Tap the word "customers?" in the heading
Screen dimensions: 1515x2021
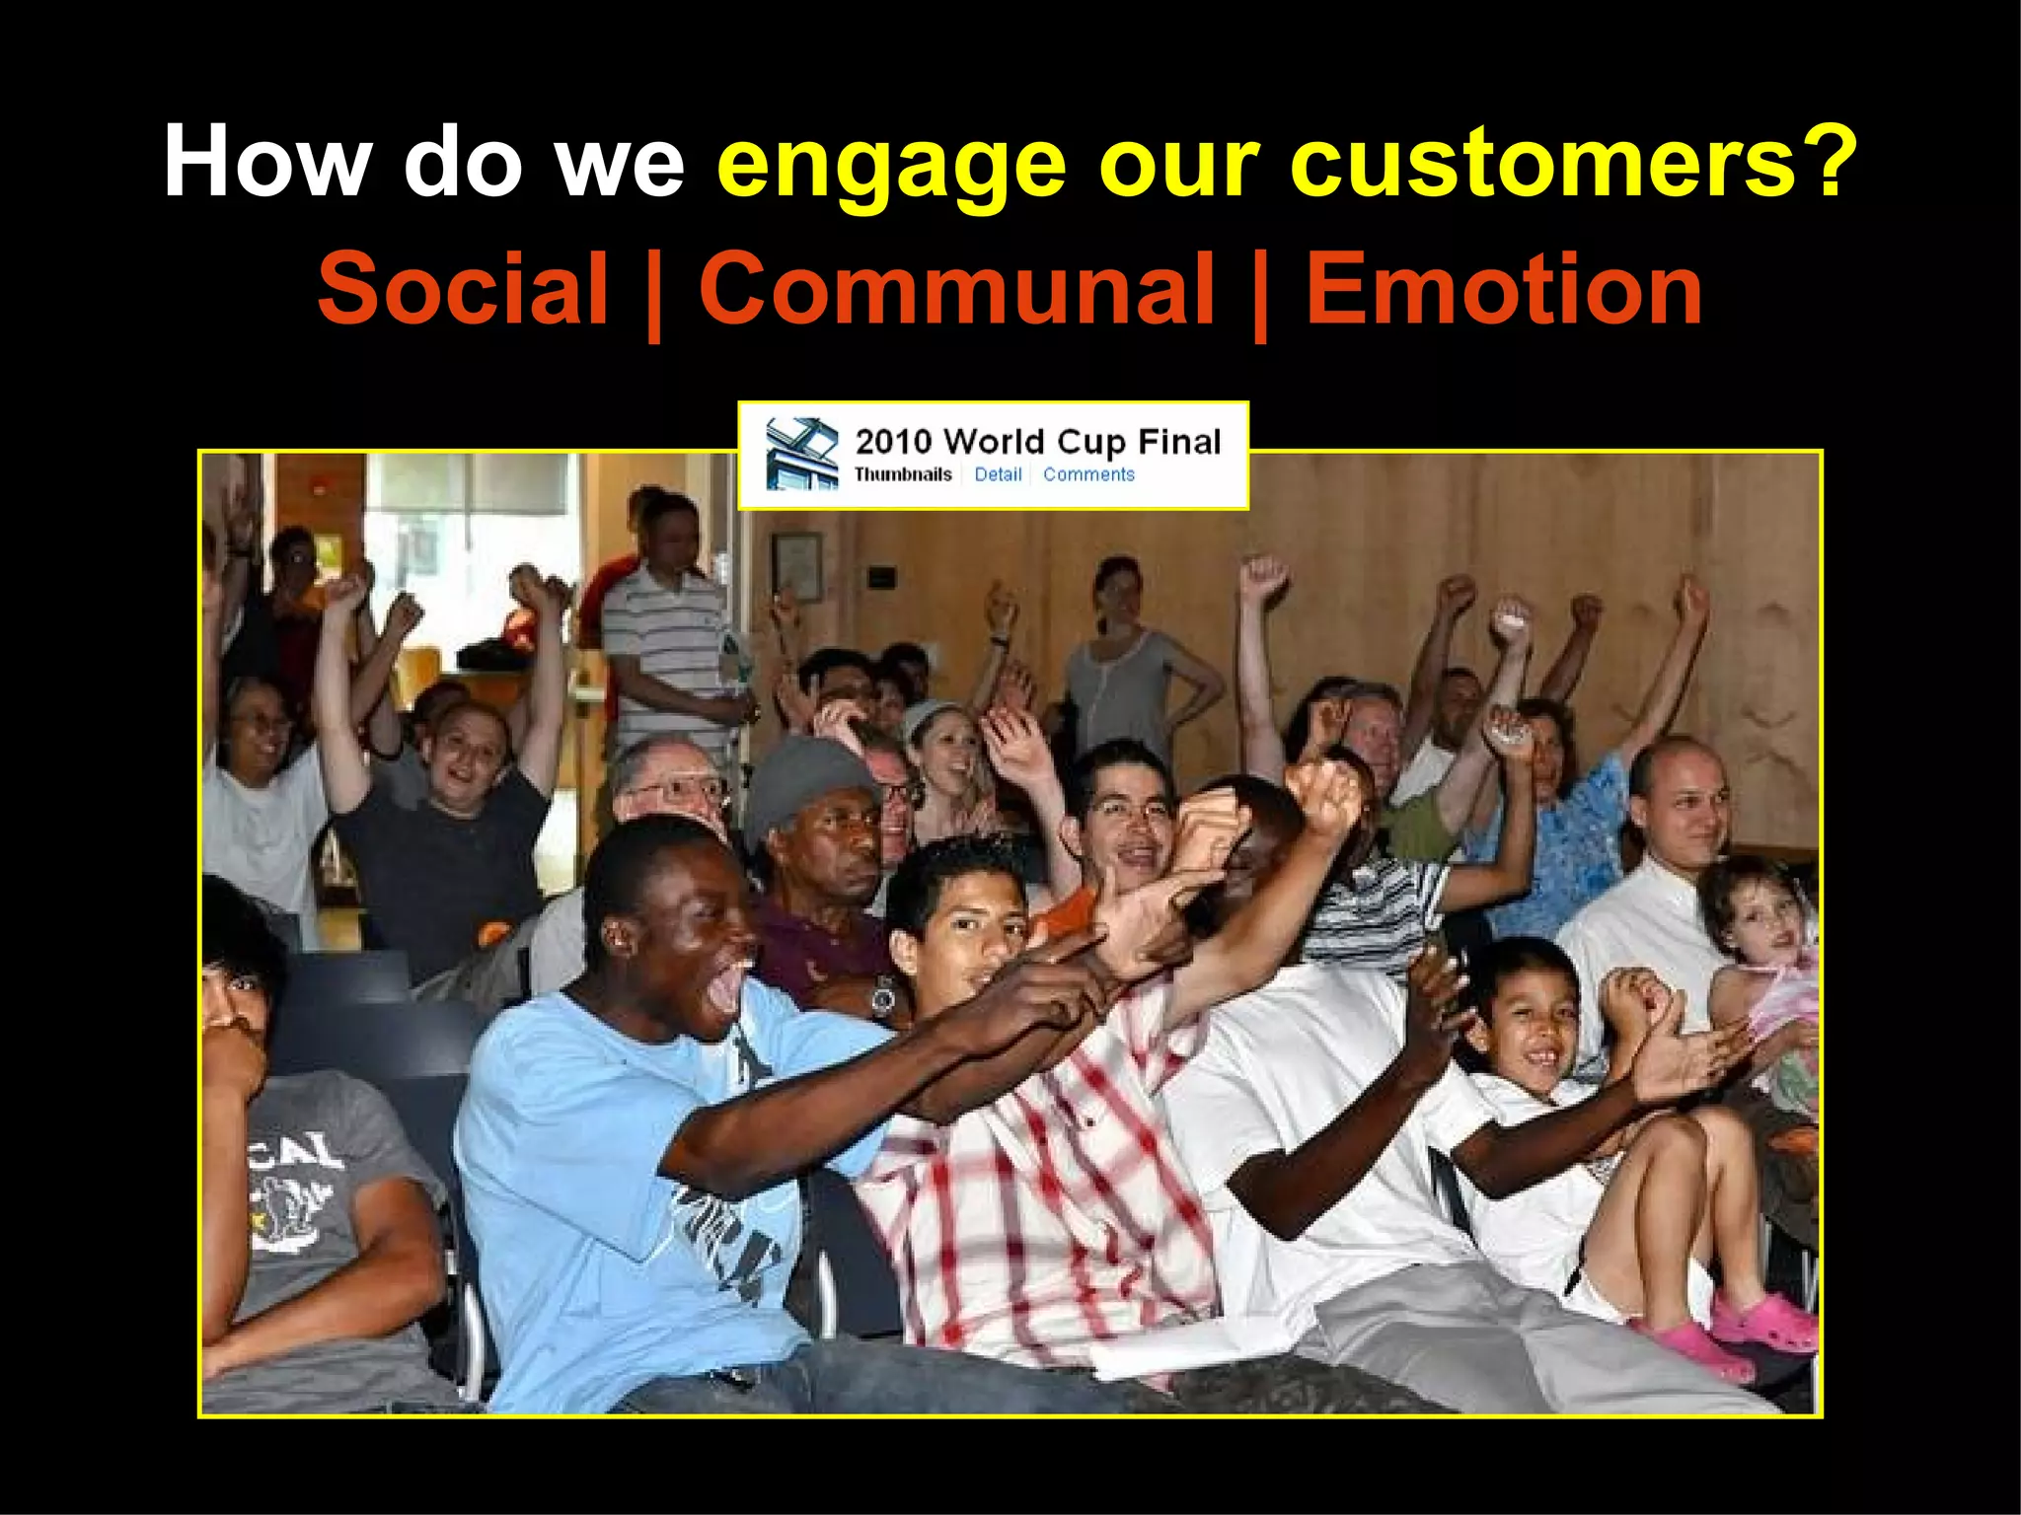[x=1573, y=163]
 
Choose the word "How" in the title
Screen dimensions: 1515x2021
[x=267, y=163]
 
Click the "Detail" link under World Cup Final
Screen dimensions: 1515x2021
[x=998, y=474]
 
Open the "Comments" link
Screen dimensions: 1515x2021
[x=1088, y=474]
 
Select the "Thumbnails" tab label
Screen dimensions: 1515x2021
[x=903, y=474]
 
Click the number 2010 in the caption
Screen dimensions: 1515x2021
[x=893, y=441]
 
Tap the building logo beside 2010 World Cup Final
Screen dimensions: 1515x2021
[x=801, y=453]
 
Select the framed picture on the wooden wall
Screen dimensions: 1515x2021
[x=796, y=566]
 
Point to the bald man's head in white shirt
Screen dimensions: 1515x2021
[x=1678, y=789]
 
